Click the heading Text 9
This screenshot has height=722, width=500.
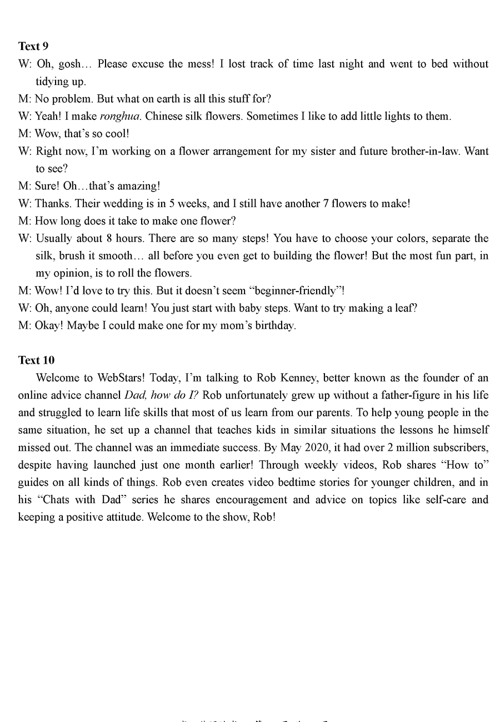[x=33, y=46]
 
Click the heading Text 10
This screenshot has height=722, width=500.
[x=36, y=360]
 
